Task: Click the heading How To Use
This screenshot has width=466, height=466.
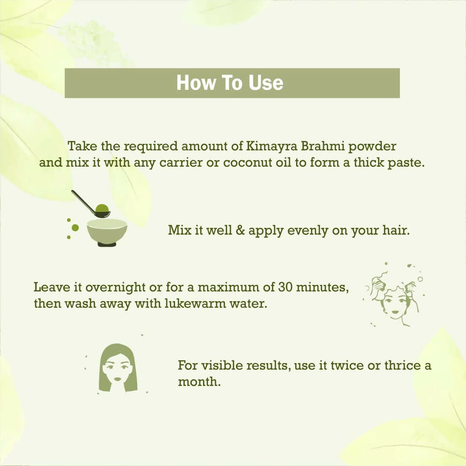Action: (230, 83)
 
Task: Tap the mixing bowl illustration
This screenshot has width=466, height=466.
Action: (107, 231)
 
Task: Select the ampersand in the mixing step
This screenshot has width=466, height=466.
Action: (240, 230)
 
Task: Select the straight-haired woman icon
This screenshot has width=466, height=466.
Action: (118, 368)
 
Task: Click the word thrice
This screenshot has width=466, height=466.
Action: (401, 365)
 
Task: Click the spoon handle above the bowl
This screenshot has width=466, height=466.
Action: (83, 201)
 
